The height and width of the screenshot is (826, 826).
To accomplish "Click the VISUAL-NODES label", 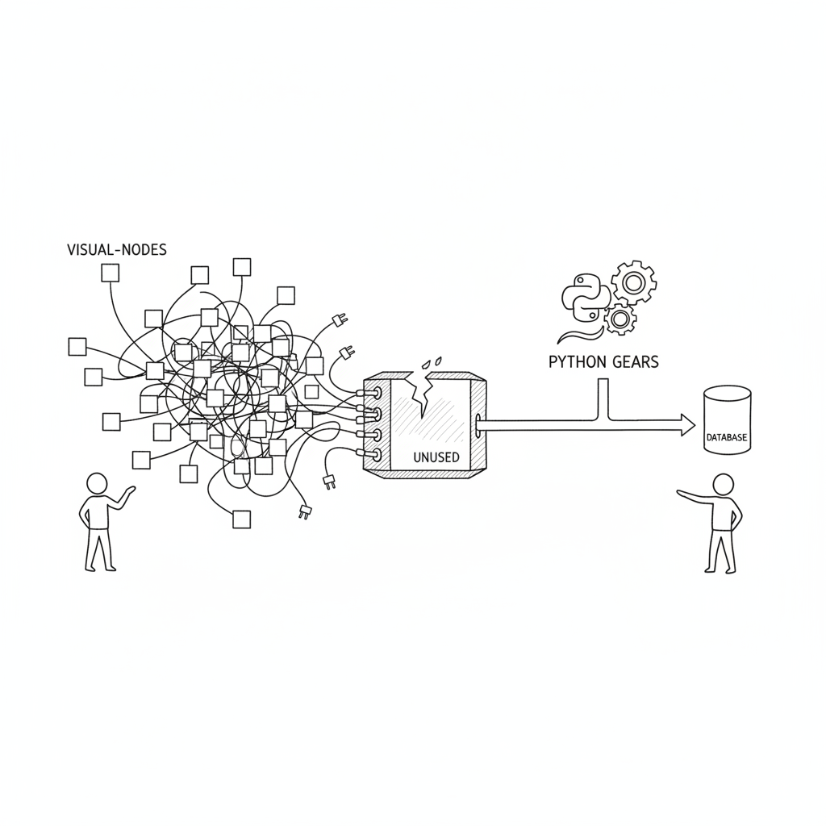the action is tap(117, 249).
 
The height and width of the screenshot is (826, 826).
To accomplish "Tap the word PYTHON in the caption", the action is tap(578, 362).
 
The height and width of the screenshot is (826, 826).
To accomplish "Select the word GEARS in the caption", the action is tap(636, 362).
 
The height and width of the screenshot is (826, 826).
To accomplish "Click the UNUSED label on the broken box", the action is tap(436, 457).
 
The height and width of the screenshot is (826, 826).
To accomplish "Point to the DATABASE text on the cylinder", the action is tap(727, 437).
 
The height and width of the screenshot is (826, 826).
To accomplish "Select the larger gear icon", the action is tap(632, 282).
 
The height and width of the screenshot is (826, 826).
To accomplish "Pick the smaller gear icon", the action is tap(619, 318).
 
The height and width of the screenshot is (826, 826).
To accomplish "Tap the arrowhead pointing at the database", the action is tap(688, 425).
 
